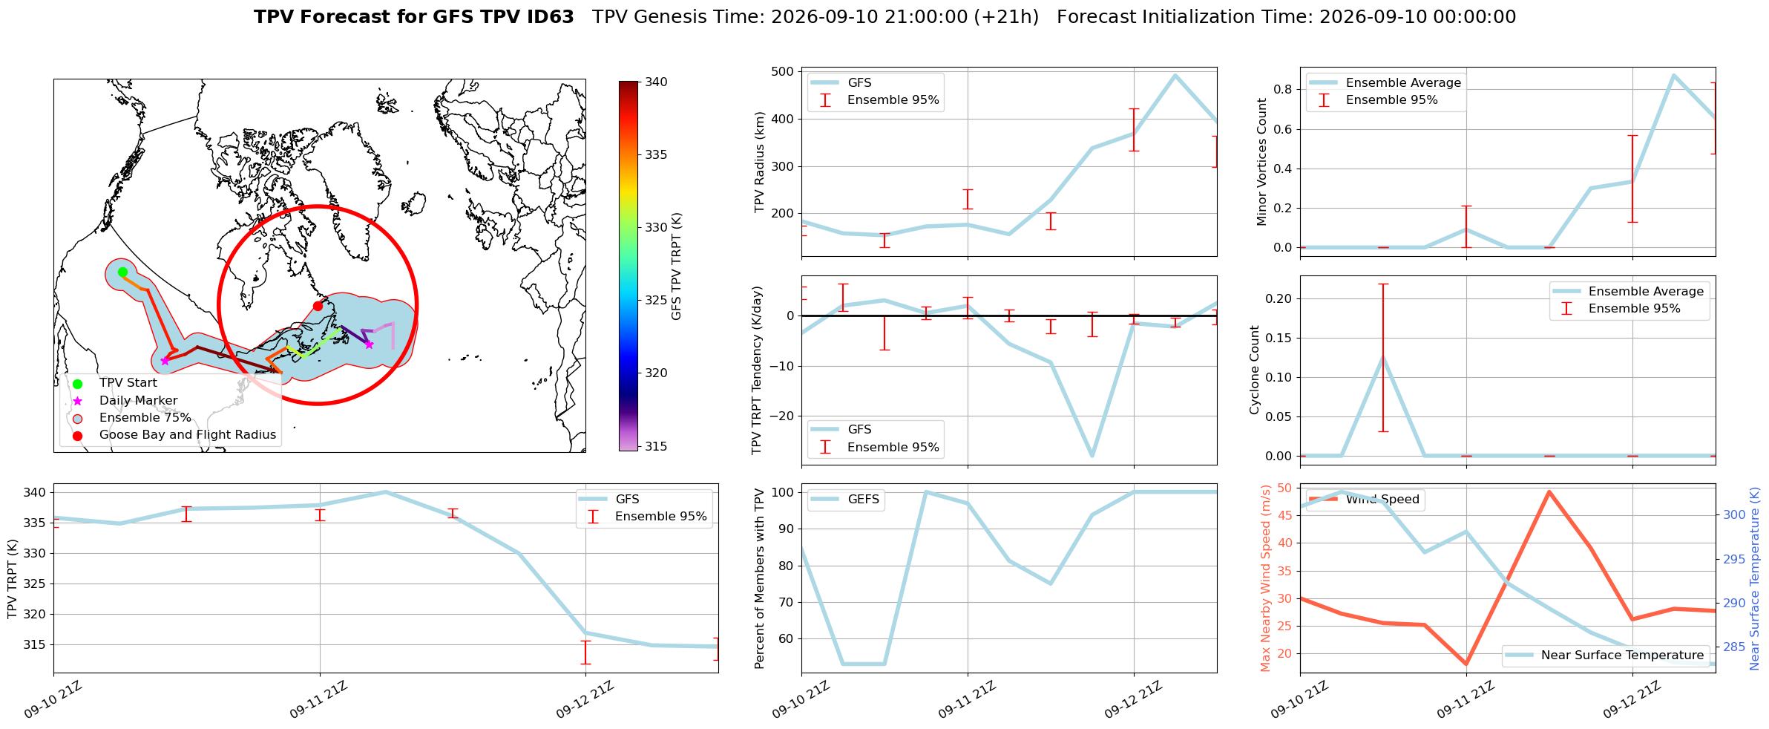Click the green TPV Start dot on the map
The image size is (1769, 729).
(122, 272)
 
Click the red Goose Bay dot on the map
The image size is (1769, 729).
(318, 306)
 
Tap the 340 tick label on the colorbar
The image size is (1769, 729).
(656, 82)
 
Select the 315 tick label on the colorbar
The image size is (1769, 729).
(656, 446)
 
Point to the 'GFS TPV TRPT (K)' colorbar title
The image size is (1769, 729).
(676, 267)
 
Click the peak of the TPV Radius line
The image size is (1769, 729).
(1175, 75)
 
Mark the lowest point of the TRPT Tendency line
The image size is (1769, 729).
(1092, 456)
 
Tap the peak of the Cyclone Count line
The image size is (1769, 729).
(1383, 357)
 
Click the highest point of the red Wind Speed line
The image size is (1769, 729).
(1549, 491)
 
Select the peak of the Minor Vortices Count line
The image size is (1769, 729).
(1673, 75)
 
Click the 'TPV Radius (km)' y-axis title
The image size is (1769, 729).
(759, 162)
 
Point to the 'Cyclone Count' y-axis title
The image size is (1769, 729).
(1255, 370)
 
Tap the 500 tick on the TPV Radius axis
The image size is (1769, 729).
(783, 71)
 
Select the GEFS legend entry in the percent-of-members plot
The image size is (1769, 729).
(846, 499)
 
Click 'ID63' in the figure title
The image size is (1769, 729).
(548, 17)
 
